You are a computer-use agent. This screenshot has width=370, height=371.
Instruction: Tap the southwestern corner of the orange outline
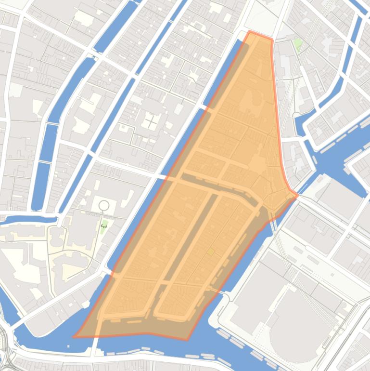pos(75,336)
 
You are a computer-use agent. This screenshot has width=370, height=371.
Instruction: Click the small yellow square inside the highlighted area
pos(210,252)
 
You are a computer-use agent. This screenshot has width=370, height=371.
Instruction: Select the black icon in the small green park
pos(103,225)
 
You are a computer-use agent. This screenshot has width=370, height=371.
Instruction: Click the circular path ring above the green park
pos(103,206)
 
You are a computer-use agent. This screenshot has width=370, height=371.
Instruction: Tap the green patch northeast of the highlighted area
pos(298,44)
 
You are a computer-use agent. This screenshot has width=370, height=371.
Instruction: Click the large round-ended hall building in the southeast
pos(298,323)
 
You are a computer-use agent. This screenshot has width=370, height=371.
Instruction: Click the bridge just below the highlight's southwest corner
pos(95,347)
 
